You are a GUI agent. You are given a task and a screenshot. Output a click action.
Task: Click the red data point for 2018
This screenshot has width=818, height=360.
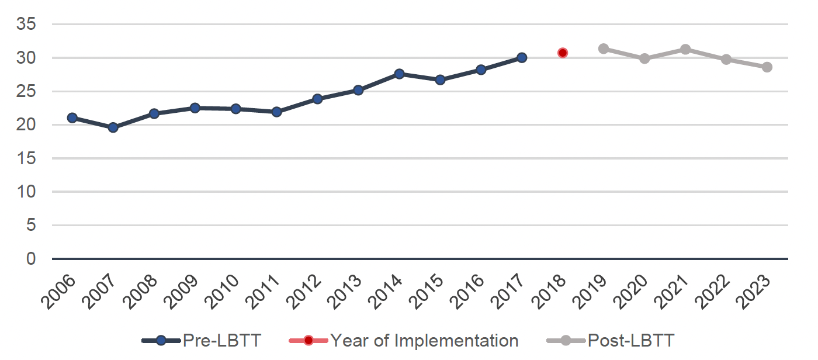tap(563, 53)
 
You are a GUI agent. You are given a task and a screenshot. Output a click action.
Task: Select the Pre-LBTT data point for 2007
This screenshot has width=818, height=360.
tap(113, 127)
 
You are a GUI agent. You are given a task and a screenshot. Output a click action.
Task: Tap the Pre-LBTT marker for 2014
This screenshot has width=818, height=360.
tap(400, 74)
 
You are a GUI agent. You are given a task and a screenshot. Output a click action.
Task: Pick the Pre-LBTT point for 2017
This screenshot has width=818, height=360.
tap(522, 57)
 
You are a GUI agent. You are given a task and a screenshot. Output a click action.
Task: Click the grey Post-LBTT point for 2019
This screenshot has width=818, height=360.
tap(604, 49)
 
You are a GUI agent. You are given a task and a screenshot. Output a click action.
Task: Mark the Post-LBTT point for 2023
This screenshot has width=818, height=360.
tap(767, 67)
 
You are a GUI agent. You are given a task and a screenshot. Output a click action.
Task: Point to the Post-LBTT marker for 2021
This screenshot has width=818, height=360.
tap(685, 49)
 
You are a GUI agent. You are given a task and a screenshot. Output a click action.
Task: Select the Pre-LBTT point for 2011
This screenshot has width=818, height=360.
tap(277, 112)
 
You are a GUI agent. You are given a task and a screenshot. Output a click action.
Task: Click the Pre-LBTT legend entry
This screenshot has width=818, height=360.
tap(202, 340)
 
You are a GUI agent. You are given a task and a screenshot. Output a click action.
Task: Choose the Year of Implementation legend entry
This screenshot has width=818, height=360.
tap(404, 340)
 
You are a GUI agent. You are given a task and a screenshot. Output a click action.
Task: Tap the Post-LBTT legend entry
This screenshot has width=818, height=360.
tap(610, 340)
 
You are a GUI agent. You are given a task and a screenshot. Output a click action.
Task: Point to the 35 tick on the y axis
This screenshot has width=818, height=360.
tap(26, 25)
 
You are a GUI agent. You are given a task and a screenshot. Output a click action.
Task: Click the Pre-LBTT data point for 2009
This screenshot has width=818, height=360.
tap(195, 108)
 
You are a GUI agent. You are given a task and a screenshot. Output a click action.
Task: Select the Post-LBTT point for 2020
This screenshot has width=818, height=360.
tap(644, 58)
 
